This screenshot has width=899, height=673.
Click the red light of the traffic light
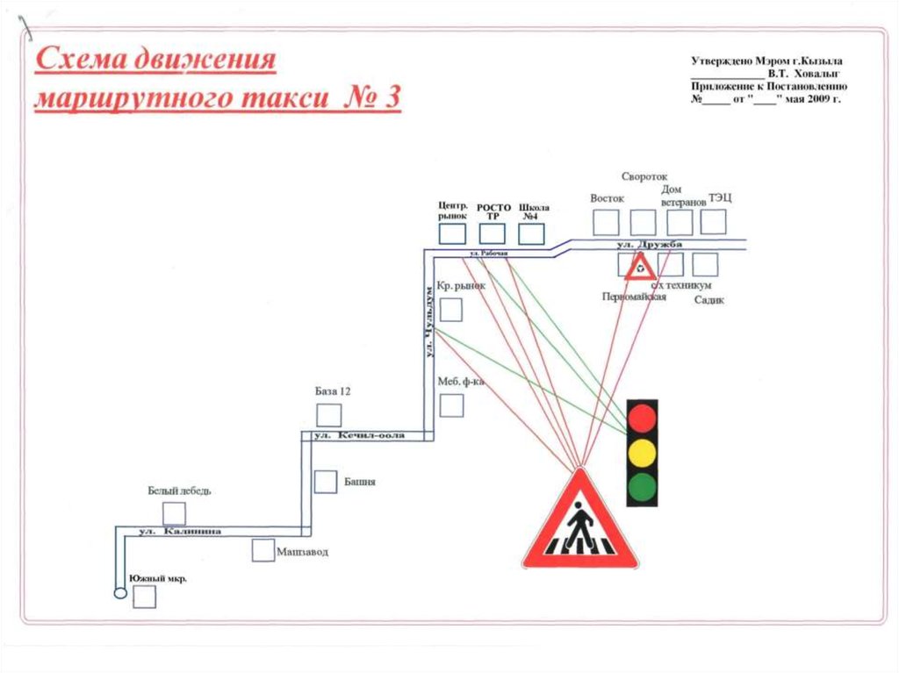click(x=643, y=416)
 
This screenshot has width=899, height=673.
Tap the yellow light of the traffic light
click(x=643, y=451)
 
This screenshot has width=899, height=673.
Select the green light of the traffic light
click(x=643, y=486)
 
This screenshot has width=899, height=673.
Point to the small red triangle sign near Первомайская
click(x=640, y=266)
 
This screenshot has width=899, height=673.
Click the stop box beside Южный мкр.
click(x=144, y=597)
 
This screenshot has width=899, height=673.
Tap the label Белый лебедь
click(x=179, y=490)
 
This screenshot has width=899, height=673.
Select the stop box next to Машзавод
click(x=263, y=550)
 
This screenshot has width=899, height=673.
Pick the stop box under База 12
click(x=329, y=415)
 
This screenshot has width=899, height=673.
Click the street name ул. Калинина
click(x=180, y=532)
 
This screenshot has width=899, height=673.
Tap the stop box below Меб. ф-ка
click(x=451, y=405)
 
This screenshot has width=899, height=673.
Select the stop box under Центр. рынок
click(x=452, y=233)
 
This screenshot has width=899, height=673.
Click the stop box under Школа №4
click(x=531, y=233)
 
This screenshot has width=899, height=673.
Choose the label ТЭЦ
click(x=720, y=198)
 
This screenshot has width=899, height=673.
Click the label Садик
click(x=708, y=300)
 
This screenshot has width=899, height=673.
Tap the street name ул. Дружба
click(x=649, y=245)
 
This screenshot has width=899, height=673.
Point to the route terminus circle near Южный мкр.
click(x=119, y=593)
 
